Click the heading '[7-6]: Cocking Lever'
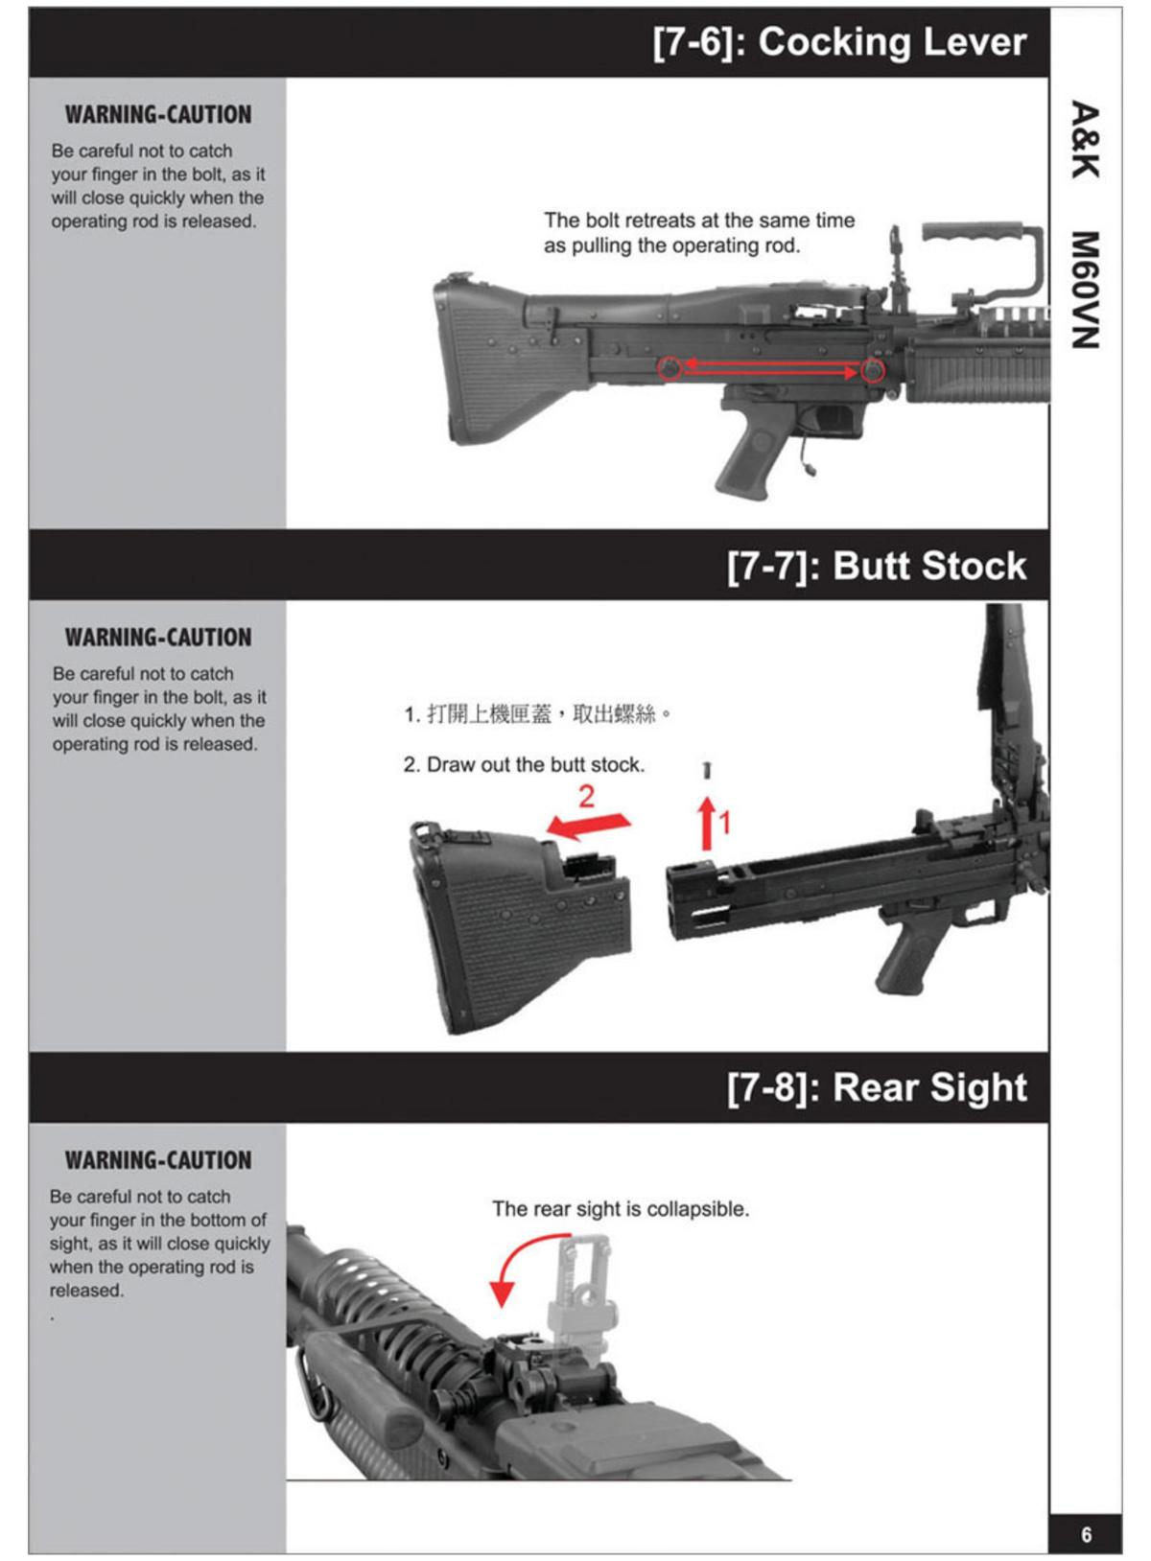click(839, 43)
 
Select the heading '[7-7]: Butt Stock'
click(876, 566)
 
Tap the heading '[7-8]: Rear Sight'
click(876, 1088)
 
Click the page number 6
click(1086, 1534)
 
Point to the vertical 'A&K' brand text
click(1085, 140)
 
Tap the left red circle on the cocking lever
click(670, 367)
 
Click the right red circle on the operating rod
click(872, 370)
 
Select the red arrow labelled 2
click(590, 825)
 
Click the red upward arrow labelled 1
click(707, 823)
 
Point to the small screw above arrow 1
click(707, 770)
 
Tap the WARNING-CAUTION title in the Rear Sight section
click(158, 1160)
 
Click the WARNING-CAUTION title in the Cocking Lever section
click(158, 115)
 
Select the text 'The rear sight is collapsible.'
click(621, 1209)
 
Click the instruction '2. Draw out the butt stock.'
click(524, 765)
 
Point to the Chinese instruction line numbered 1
click(537, 714)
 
